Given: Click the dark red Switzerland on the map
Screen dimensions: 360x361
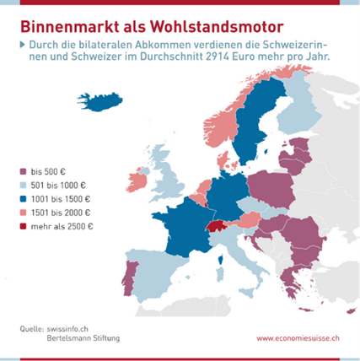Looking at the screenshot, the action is tap(216, 226).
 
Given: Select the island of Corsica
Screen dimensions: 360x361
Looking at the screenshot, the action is tap(221, 260).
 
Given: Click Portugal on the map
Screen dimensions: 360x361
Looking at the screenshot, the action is tap(130, 278).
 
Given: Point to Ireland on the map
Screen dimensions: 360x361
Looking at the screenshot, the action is tap(137, 181).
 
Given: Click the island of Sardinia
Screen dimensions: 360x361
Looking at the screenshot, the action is tap(221, 275).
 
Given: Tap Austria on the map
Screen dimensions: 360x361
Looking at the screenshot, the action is tap(250, 220).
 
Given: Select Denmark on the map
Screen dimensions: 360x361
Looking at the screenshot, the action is tap(226, 161).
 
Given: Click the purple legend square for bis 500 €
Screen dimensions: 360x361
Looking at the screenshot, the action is tap(23, 171).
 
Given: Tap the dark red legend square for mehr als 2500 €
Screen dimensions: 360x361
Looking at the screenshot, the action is tap(23, 226).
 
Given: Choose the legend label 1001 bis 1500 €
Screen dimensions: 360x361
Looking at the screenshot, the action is tap(61, 199).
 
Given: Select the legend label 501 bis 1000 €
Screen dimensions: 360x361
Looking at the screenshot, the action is tap(58, 186).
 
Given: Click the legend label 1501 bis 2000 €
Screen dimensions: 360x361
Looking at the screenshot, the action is tap(61, 213).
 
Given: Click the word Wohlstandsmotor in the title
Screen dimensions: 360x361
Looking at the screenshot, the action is tap(217, 27).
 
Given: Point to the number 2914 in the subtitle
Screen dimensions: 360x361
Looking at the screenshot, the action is tap(218, 57).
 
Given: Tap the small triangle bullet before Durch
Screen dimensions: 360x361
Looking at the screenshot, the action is tap(23, 45).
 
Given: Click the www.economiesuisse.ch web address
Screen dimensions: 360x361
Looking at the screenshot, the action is tap(298, 338).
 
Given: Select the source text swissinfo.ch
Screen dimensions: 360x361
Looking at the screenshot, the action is tap(67, 329).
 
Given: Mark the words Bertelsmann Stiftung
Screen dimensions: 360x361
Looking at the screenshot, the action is tap(83, 337).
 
